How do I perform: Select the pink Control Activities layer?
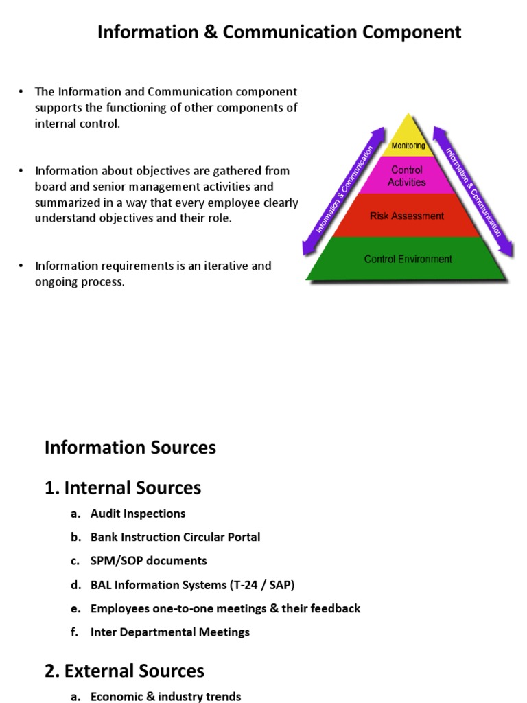click(407, 176)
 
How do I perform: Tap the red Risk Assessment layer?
click(407, 216)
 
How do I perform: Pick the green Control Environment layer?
click(408, 260)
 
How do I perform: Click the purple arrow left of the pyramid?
click(340, 189)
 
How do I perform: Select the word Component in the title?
click(404, 32)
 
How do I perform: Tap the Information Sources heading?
click(130, 448)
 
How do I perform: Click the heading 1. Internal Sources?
click(123, 487)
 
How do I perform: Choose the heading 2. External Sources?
click(124, 670)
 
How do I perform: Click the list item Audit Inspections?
click(138, 514)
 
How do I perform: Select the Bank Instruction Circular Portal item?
click(175, 537)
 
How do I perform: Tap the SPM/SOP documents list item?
click(148, 561)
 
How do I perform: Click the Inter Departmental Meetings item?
click(170, 632)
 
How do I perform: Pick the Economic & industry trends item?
click(165, 696)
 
